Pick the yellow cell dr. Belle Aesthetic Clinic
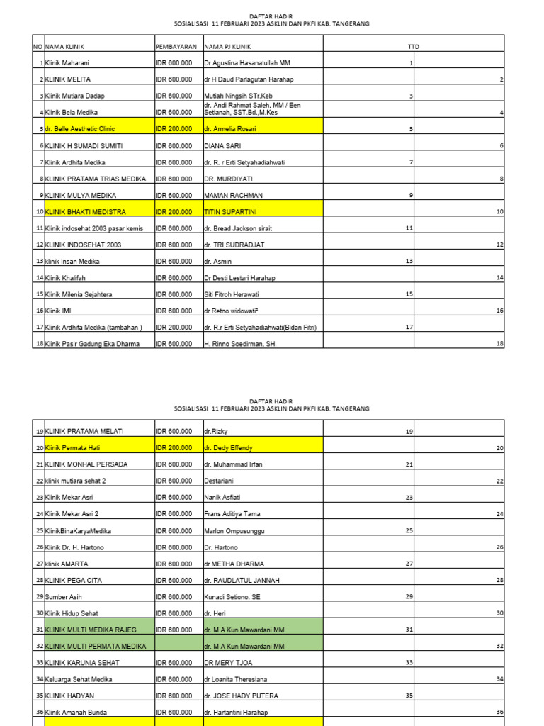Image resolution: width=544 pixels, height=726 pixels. click(80, 129)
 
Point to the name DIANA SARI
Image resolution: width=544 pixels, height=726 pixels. click(224, 146)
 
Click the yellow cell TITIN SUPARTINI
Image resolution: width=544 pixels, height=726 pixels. click(229, 212)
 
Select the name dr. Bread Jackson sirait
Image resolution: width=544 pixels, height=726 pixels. click(237, 228)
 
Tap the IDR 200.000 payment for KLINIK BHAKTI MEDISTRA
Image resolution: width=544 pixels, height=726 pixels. click(174, 212)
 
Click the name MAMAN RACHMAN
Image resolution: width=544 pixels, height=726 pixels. click(233, 195)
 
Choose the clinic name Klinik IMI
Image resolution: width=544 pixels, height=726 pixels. click(59, 311)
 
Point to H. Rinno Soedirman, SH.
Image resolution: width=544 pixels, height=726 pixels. click(239, 344)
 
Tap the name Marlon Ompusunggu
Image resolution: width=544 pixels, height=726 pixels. click(235, 531)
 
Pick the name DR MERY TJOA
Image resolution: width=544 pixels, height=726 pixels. click(229, 663)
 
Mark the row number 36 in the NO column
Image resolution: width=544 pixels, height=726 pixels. click(39, 713)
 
